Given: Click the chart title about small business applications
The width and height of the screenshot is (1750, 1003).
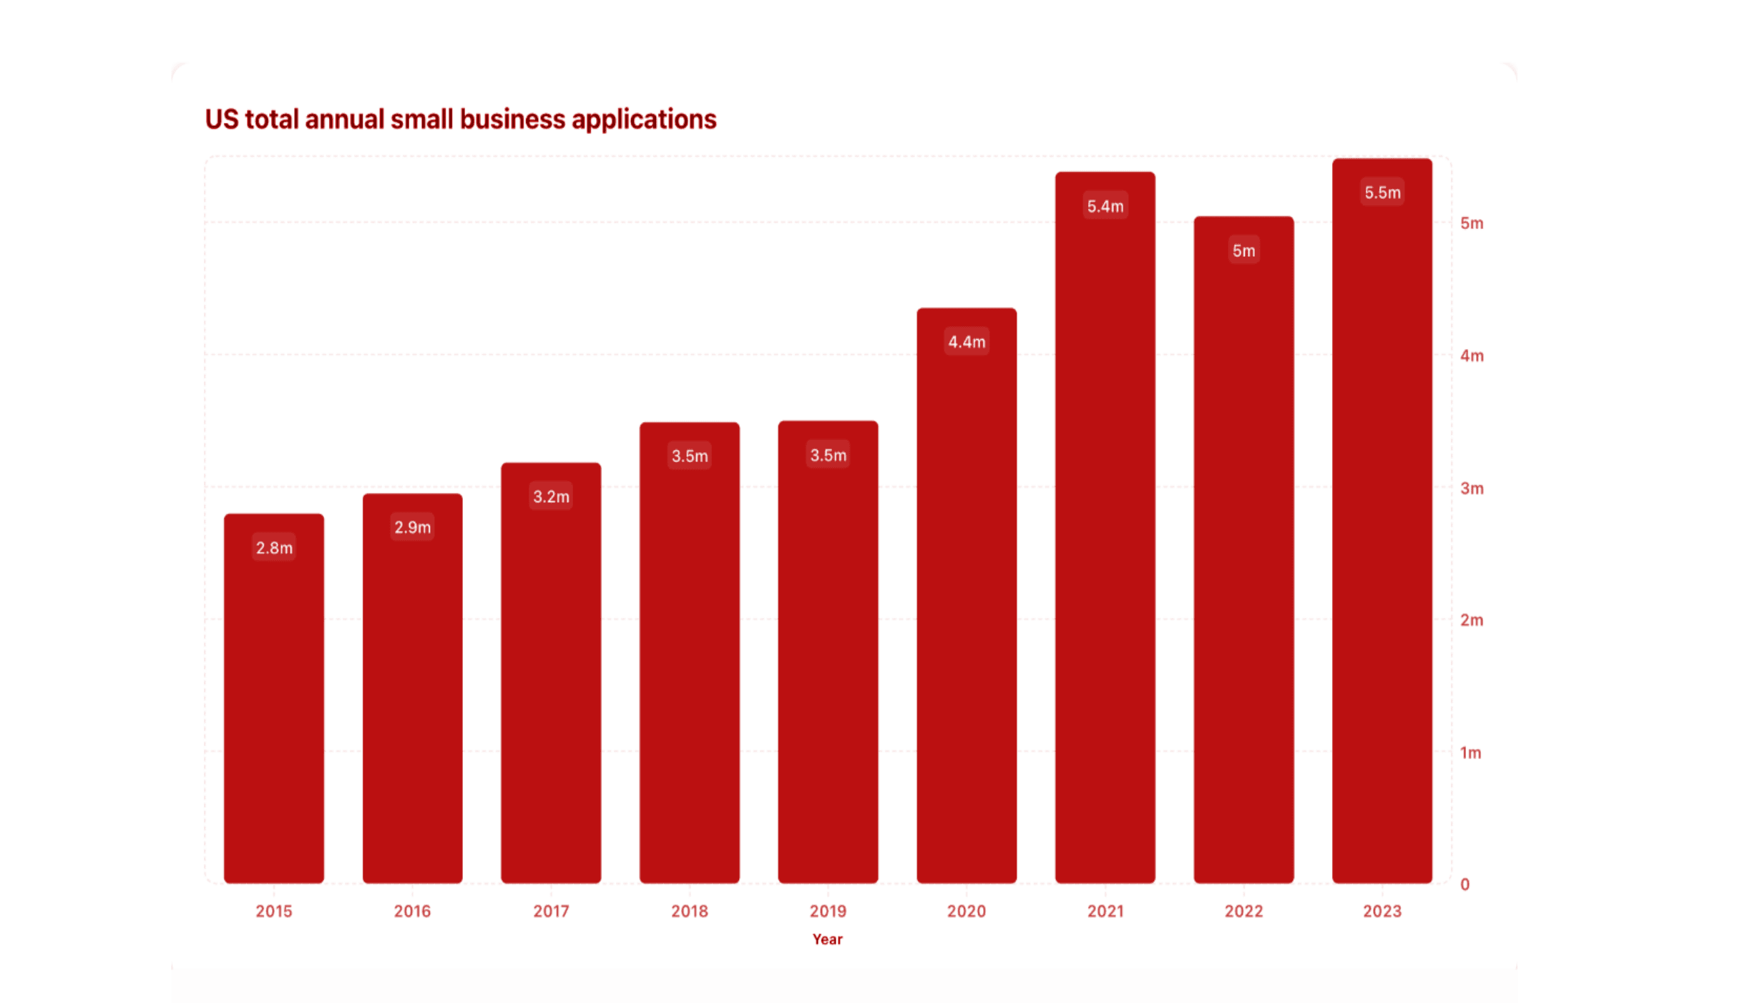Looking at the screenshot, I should point(460,119).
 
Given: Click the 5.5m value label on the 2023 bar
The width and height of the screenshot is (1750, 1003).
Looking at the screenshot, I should point(1382,192).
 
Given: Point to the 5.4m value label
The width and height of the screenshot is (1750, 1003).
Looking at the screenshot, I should point(1105,206).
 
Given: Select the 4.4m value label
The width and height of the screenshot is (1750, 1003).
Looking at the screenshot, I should point(967,342).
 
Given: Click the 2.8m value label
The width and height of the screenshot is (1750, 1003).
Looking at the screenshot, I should point(274,548).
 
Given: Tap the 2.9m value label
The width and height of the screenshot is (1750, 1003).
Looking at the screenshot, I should point(412,527).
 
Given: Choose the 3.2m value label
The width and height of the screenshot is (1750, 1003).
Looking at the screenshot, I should point(551,496).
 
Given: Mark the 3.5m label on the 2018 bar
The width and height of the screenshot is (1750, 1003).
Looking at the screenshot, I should point(689,456).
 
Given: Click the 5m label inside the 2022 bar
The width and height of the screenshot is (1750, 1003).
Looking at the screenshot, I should point(1243,250).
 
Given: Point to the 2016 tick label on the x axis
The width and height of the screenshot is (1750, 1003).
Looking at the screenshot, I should point(412,911).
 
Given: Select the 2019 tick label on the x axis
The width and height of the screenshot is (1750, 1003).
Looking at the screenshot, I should point(828,911).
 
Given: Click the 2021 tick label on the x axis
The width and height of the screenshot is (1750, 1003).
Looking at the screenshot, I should point(1105,911).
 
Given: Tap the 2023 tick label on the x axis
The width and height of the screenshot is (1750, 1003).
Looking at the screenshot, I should point(1382,911).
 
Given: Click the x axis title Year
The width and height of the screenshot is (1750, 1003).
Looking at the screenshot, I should point(827,939).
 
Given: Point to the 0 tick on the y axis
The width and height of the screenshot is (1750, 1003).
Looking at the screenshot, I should point(1465,884).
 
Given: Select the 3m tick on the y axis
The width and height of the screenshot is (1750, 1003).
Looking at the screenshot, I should point(1472,488).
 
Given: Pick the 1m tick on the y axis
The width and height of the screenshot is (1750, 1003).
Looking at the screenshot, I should point(1470,752).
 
